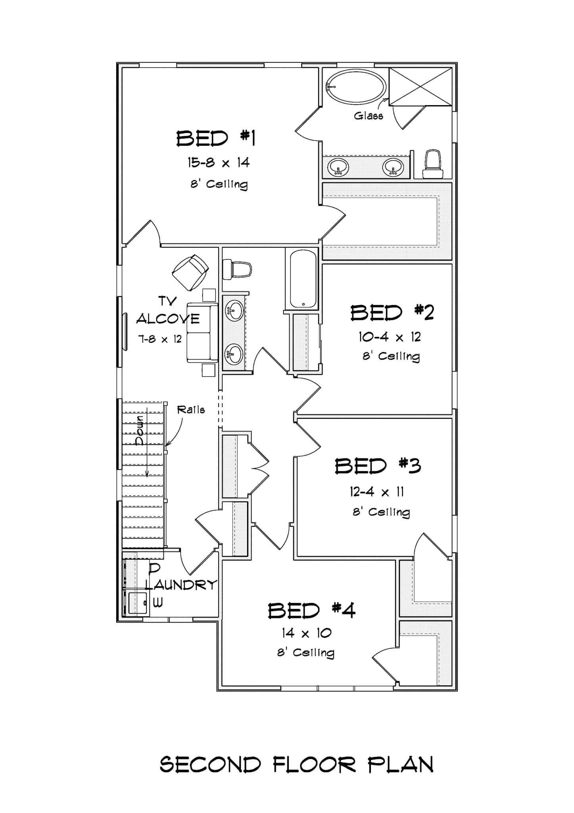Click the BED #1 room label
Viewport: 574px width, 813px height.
[216, 139]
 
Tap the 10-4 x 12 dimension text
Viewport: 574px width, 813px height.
[390, 337]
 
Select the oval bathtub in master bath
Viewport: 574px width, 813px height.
[355, 87]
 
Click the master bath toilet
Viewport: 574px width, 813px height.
[433, 164]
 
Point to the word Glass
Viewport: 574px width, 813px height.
[369, 116]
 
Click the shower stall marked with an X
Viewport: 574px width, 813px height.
[420, 87]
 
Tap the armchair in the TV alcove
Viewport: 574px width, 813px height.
[190, 272]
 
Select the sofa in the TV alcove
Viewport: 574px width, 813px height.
[202, 333]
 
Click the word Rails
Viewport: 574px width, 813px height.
[191, 410]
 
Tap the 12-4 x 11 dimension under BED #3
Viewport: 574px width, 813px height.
[376, 492]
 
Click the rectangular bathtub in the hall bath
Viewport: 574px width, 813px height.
[303, 278]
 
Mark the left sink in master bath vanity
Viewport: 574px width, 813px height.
[338, 167]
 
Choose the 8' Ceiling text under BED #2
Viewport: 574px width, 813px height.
[391, 356]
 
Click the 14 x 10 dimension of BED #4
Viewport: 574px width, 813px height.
[306, 633]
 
